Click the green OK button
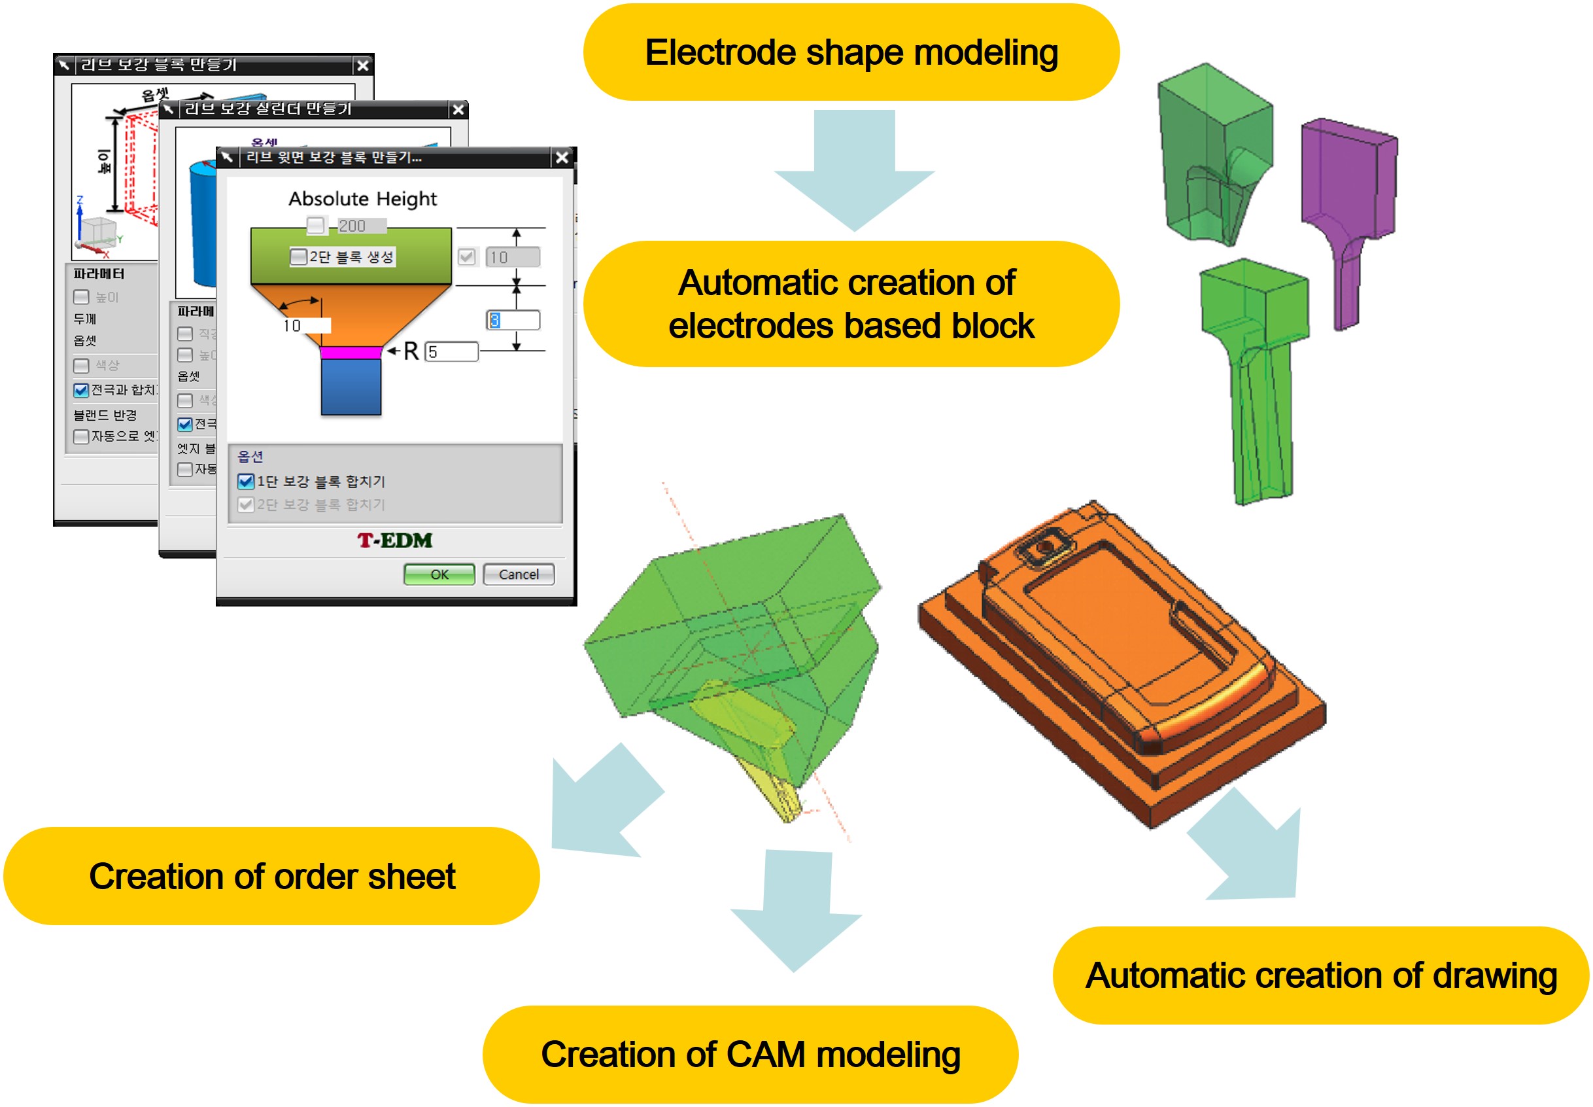coord(439,574)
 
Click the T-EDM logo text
coord(394,540)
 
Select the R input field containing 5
coord(452,351)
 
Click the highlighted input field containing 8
coord(513,320)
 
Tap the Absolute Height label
coord(362,199)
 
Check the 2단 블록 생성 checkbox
coord(298,256)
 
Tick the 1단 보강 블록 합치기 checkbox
coord(245,482)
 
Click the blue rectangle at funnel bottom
coord(351,387)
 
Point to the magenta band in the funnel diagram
coord(351,353)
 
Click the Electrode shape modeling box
coord(851,53)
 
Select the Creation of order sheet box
coord(272,875)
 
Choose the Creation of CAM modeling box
coord(750,1053)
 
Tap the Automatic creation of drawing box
coord(1320,975)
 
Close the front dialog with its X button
coord(562,158)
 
